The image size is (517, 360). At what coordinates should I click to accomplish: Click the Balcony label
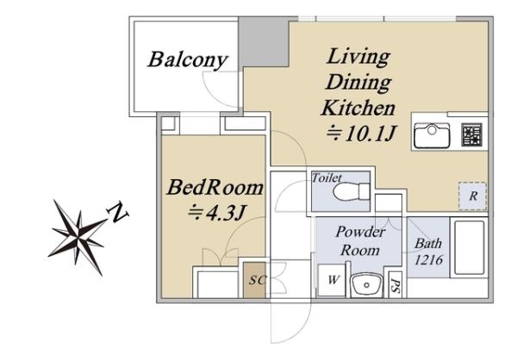[x=188, y=59]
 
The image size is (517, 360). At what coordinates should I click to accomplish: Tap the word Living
[x=358, y=58]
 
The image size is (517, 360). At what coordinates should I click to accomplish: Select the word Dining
[x=358, y=83]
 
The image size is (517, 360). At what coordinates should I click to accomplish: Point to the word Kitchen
[x=358, y=108]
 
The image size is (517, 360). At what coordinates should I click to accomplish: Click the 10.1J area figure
[x=361, y=133]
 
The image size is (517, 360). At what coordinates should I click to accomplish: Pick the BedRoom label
[x=215, y=187]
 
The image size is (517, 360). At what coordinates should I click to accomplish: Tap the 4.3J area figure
[x=216, y=213]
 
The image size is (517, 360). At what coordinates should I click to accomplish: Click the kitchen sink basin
[x=432, y=135]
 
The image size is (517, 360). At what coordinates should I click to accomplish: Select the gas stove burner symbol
[x=472, y=134]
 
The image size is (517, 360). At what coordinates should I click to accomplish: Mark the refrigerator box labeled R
[x=473, y=196]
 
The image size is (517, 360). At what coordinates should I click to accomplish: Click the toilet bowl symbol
[x=352, y=192]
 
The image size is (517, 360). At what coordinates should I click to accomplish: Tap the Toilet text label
[x=327, y=178]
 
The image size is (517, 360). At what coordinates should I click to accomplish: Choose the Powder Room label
[x=360, y=241]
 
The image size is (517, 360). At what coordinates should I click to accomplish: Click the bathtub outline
[x=470, y=248]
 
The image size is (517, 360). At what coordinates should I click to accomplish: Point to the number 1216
[x=428, y=260]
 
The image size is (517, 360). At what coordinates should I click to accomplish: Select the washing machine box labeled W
[x=333, y=281]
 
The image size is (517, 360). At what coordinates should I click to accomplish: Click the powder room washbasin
[x=366, y=285]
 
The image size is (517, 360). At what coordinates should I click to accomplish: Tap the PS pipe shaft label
[x=396, y=285]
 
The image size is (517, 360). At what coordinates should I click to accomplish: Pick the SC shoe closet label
[x=257, y=280]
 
